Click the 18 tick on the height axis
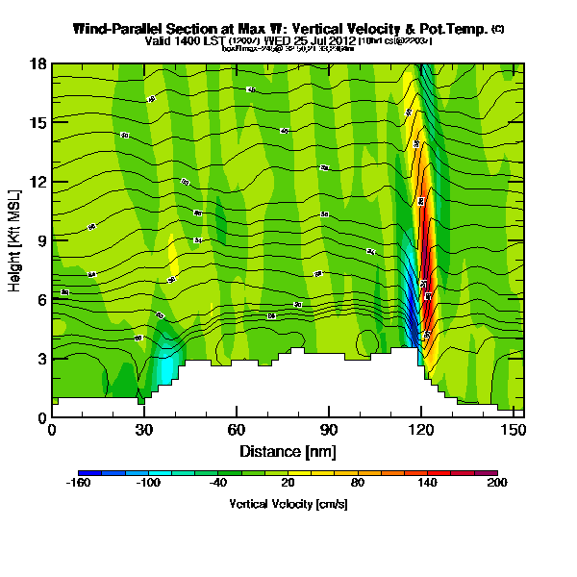tap(38, 64)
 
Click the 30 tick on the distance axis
tap(144, 430)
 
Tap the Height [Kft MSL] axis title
tap(16, 240)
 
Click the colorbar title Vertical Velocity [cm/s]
tap(288, 504)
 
